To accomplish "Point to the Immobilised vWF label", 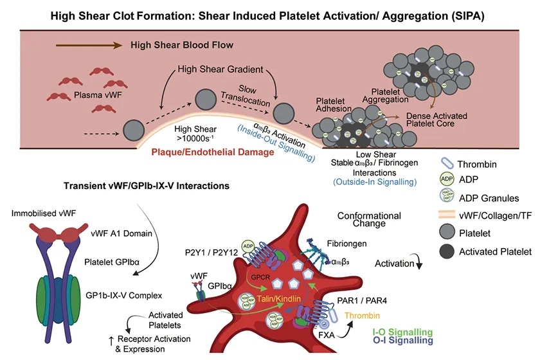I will [42, 210].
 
